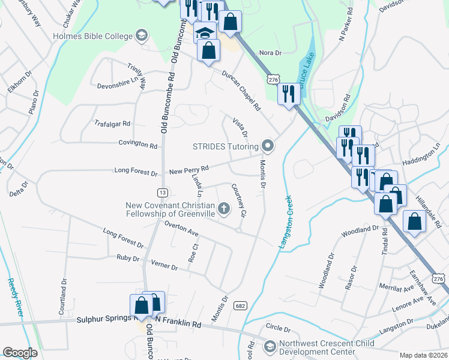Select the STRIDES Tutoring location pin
click(268, 146)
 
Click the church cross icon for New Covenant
click(223, 209)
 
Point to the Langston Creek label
click(285, 221)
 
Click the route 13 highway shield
click(162, 193)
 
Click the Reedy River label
click(13, 295)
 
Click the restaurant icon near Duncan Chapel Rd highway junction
click(288, 93)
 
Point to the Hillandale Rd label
click(432, 212)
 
